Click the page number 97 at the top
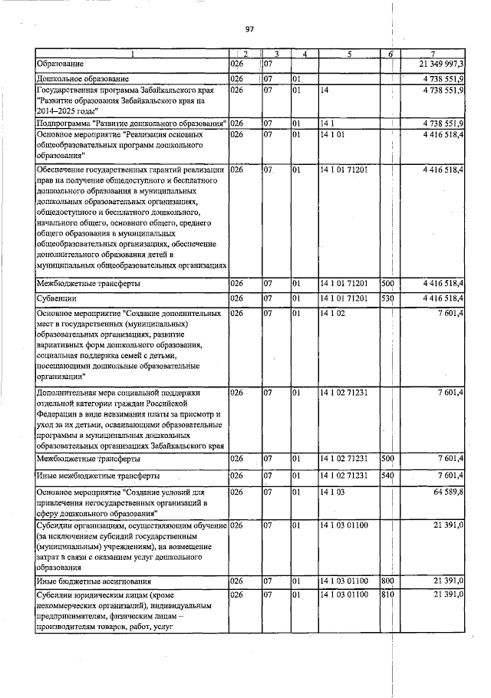tap(249, 29)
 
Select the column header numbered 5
tap(349, 54)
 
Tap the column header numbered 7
tap(433, 54)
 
